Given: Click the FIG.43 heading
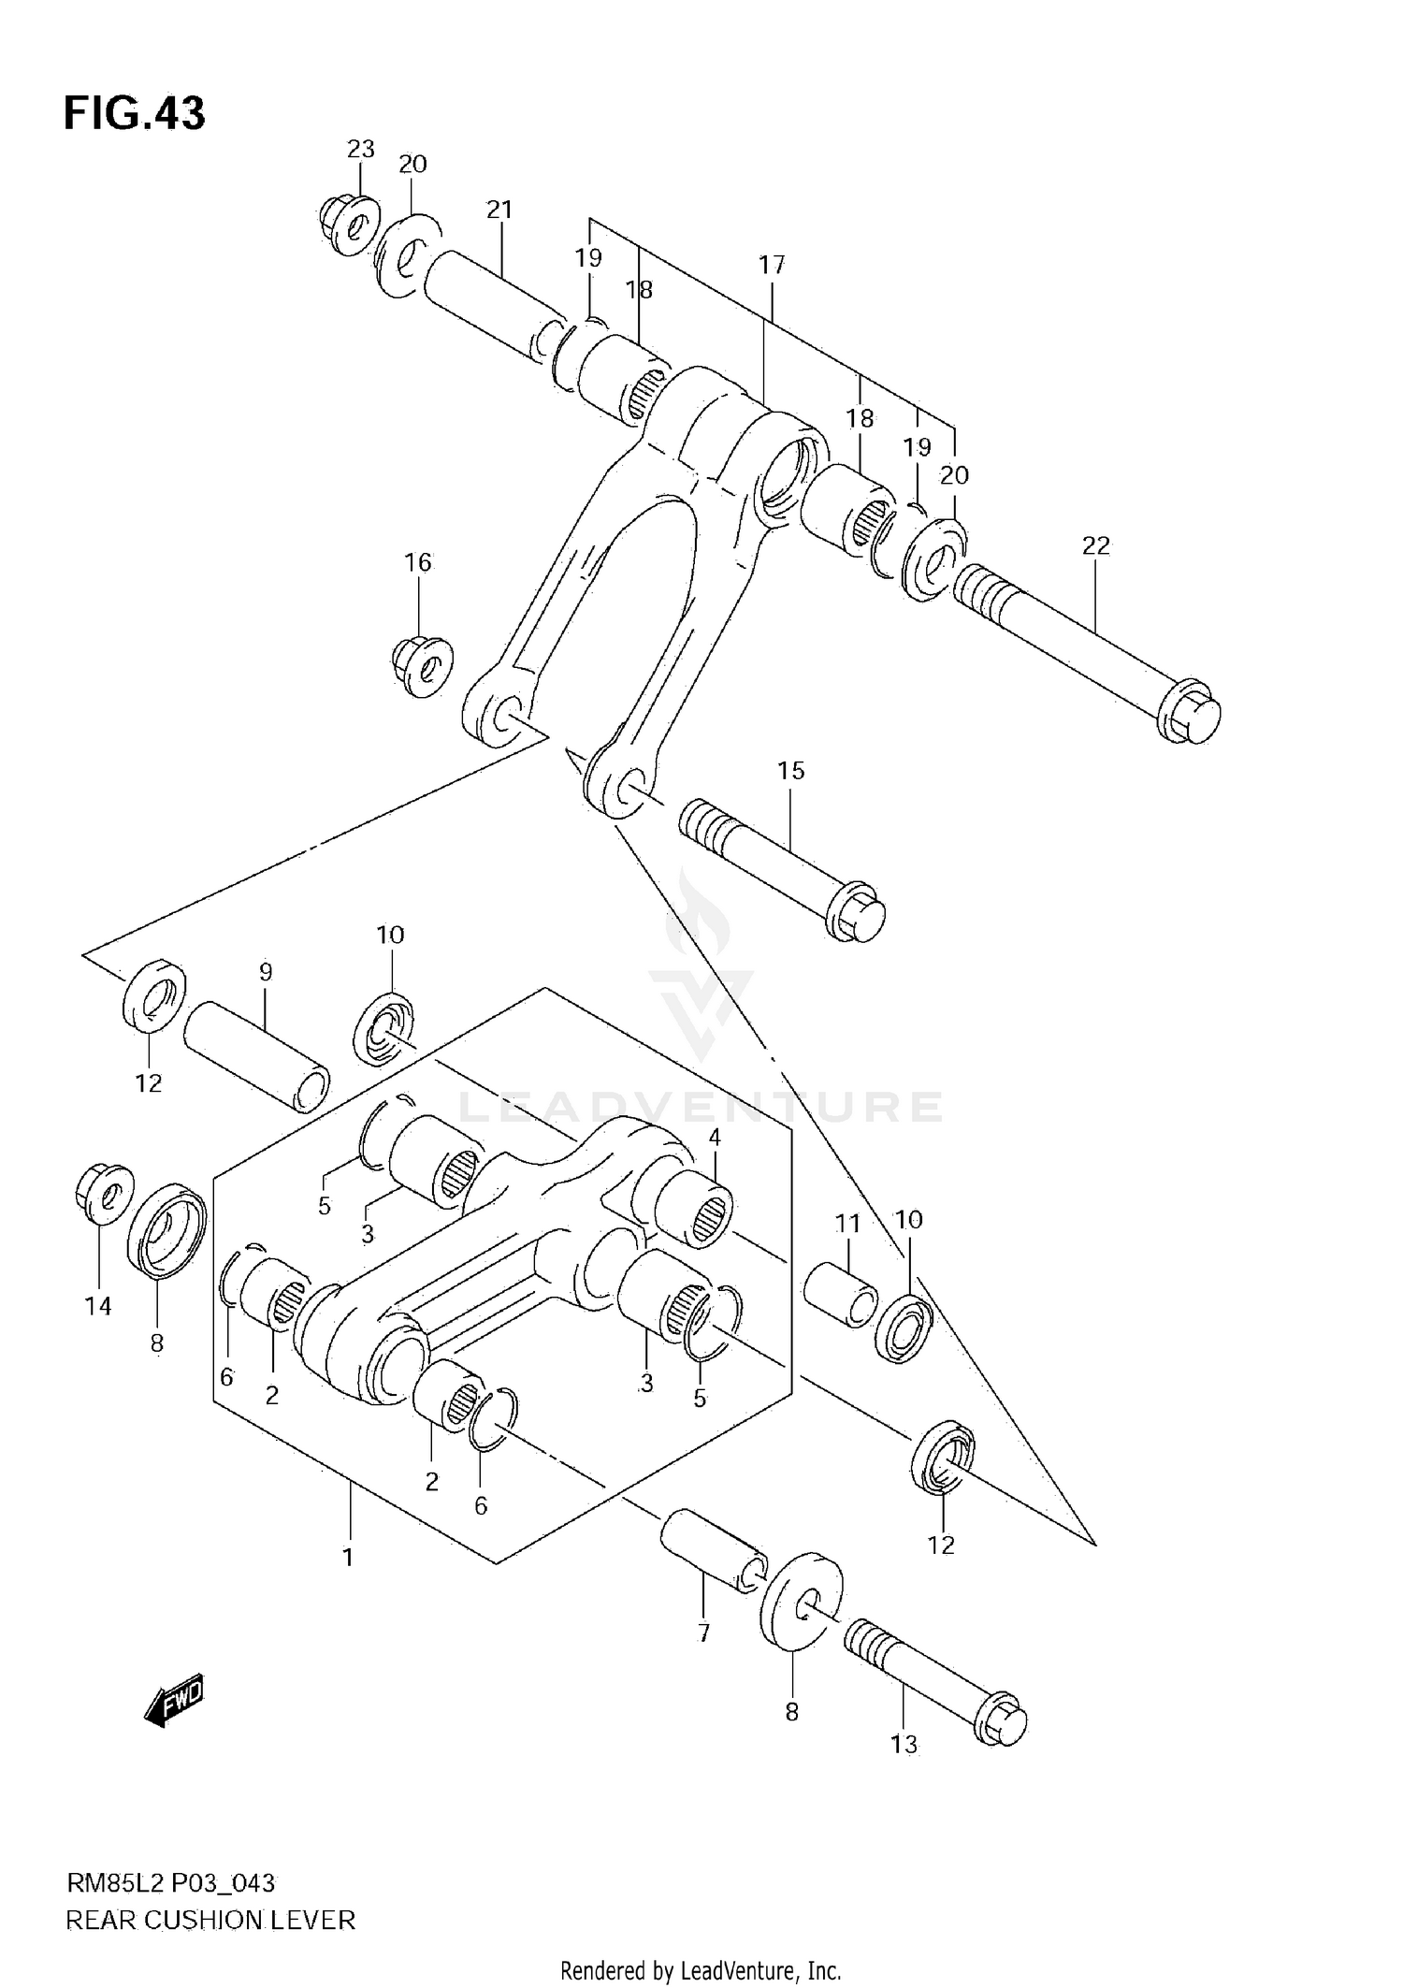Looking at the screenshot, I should tap(134, 113).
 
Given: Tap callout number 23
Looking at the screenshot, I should tap(360, 149).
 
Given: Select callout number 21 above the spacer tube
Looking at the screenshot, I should tap(499, 210).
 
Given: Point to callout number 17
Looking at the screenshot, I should tap(772, 265).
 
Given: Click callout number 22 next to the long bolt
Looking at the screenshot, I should tap(1095, 544).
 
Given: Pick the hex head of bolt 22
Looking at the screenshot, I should tap(1191, 718).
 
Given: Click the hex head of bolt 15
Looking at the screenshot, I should tap(856, 913).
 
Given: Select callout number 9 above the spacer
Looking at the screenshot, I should tap(266, 972).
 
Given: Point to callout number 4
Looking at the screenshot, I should tap(715, 1138).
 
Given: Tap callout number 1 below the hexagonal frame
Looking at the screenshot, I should tap(348, 1558).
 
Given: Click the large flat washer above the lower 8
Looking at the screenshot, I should tap(802, 1605).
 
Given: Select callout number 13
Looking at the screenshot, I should tap(904, 1744).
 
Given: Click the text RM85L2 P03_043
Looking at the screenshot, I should tap(170, 1882).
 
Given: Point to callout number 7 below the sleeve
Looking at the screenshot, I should tap(703, 1632).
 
